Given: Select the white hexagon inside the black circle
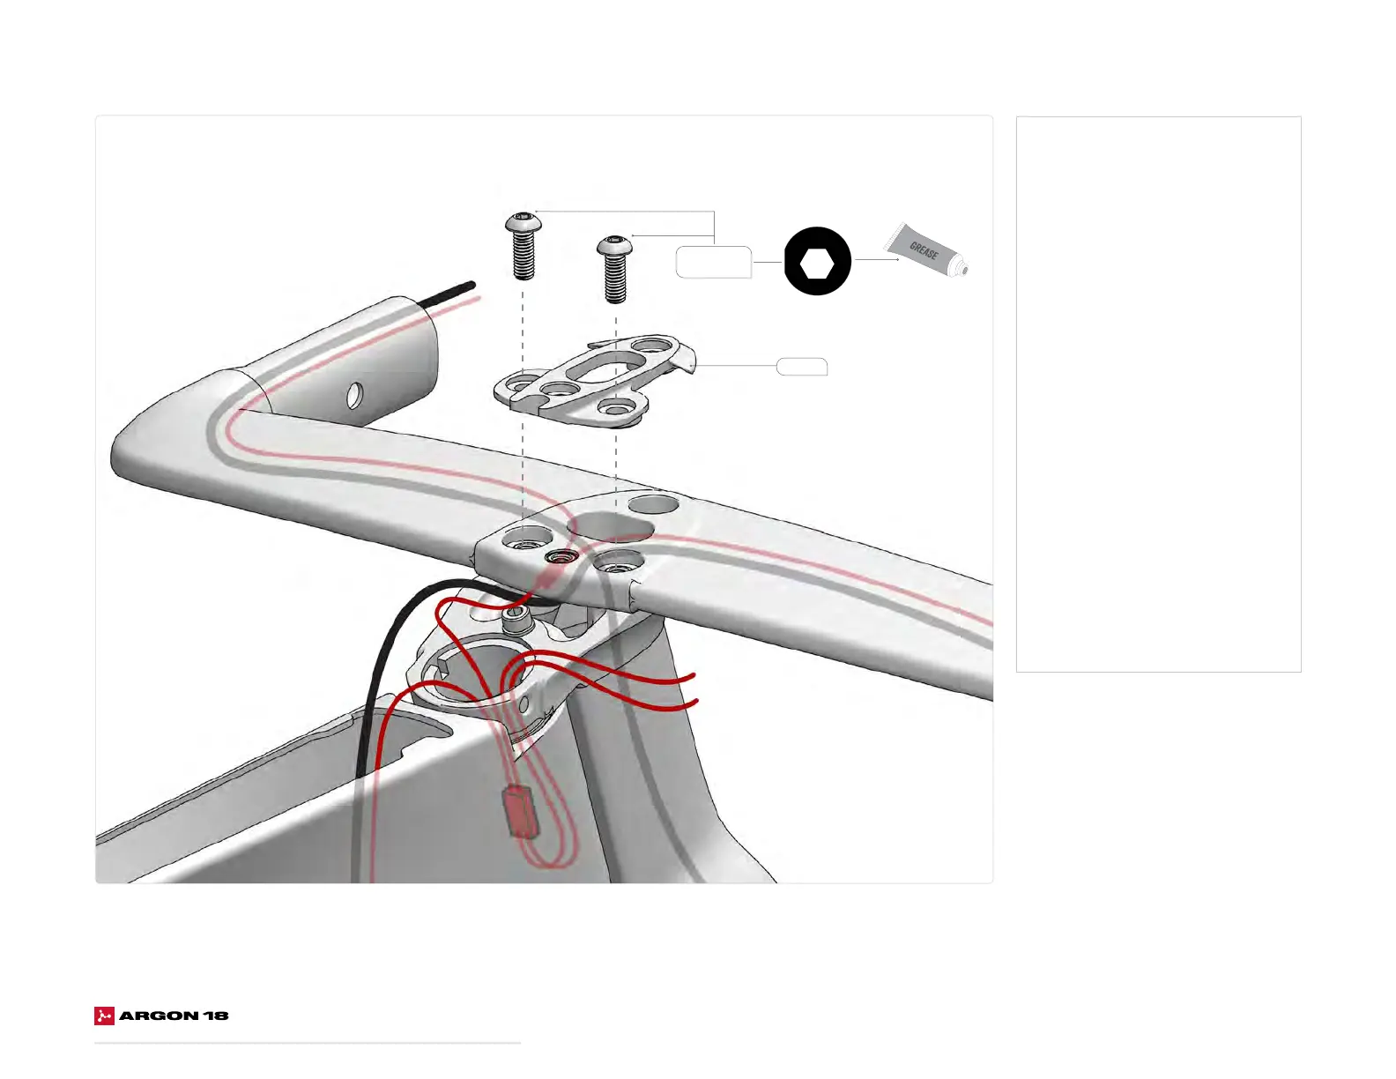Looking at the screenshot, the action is click(x=818, y=262).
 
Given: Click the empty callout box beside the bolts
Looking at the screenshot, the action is click(x=714, y=263).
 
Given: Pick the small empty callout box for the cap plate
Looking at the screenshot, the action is click(x=801, y=367).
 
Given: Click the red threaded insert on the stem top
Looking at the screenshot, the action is click(x=561, y=556).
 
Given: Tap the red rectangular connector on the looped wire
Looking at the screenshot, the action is click(x=522, y=811).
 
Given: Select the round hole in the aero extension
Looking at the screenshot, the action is click(x=354, y=395).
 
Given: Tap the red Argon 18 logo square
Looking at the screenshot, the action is click(x=104, y=1016).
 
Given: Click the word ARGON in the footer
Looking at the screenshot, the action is click(x=159, y=1016).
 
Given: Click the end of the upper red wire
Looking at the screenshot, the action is click(x=694, y=677).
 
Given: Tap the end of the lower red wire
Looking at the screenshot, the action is click(x=696, y=702).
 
